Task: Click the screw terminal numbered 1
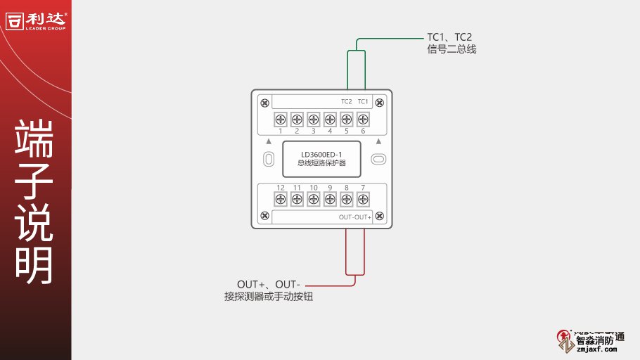(x=280, y=118)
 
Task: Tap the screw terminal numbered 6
(x=363, y=118)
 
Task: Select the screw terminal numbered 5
(x=346, y=118)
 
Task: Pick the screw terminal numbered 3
(x=313, y=118)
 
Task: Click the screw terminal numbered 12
(x=280, y=200)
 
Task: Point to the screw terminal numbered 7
(x=363, y=200)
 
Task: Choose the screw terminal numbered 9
(x=330, y=200)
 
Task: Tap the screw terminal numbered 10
(x=313, y=200)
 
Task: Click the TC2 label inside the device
(x=346, y=102)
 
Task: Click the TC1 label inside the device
(x=363, y=102)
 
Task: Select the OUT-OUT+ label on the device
(x=355, y=217)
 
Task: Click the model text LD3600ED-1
(x=321, y=154)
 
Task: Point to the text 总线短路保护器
(x=321, y=163)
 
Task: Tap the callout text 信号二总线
(x=452, y=49)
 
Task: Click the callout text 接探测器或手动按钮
(x=268, y=297)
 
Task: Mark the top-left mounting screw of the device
(x=264, y=103)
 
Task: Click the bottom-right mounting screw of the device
(x=380, y=215)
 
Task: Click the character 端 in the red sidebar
(x=34, y=139)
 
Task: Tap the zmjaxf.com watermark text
(x=596, y=349)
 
